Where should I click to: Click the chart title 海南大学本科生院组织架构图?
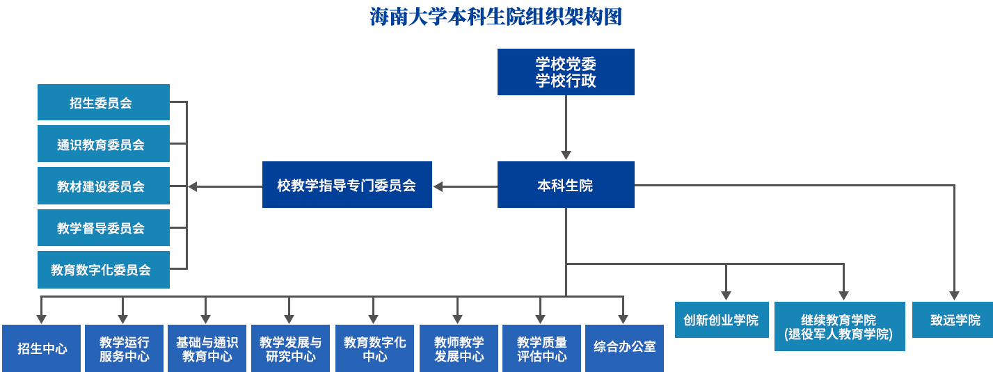(x=495, y=17)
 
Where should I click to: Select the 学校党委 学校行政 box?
(x=566, y=72)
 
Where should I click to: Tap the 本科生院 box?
(x=566, y=185)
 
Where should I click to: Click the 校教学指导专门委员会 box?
(x=347, y=185)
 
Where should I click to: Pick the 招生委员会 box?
(x=103, y=102)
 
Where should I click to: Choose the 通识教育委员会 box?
(x=103, y=144)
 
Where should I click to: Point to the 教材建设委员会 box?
(x=103, y=186)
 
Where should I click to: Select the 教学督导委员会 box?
(x=103, y=227)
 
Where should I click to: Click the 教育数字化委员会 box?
(x=103, y=270)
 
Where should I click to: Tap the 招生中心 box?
(x=42, y=348)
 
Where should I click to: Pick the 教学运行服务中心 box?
(x=124, y=348)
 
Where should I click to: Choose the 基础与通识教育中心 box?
(x=207, y=348)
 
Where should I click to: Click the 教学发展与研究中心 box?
(x=290, y=348)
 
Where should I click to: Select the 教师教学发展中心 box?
(x=458, y=348)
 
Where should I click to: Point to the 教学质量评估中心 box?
(x=541, y=348)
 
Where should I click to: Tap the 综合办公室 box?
(x=624, y=347)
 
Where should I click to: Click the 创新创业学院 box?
(x=721, y=320)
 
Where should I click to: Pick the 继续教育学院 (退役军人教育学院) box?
(x=839, y=326)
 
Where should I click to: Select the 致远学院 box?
(x=952, y=320)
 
